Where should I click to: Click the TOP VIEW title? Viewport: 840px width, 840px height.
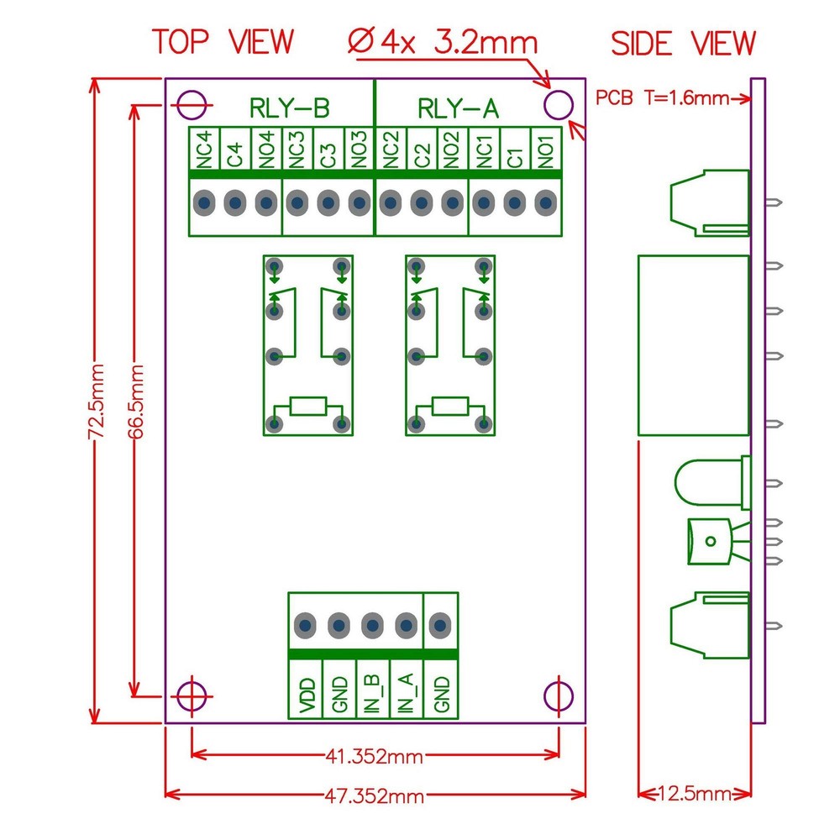point(223,41)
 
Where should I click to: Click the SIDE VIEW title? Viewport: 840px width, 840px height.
point(683,43)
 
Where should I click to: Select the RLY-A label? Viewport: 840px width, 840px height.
point(458,108)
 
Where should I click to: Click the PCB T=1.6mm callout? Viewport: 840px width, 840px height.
point(661,98)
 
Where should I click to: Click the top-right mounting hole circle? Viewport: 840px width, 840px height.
point(558,106)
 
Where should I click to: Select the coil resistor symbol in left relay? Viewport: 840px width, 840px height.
point(306,408)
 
